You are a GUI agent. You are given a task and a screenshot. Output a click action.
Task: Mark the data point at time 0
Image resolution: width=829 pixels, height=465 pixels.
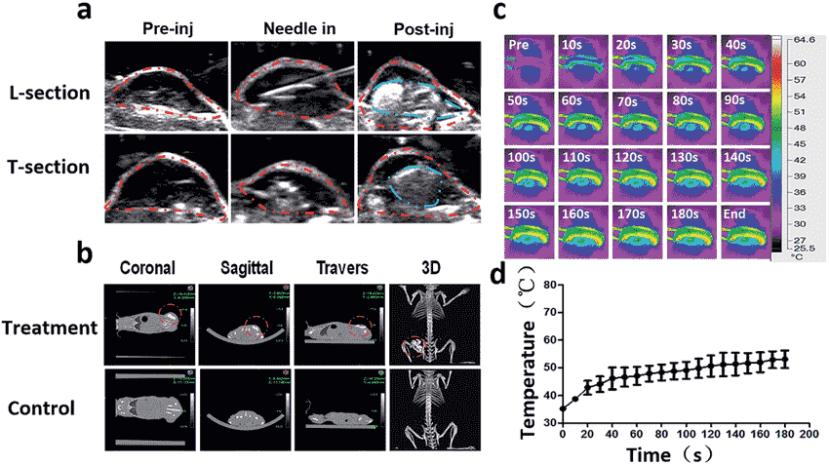coord(563,408)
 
